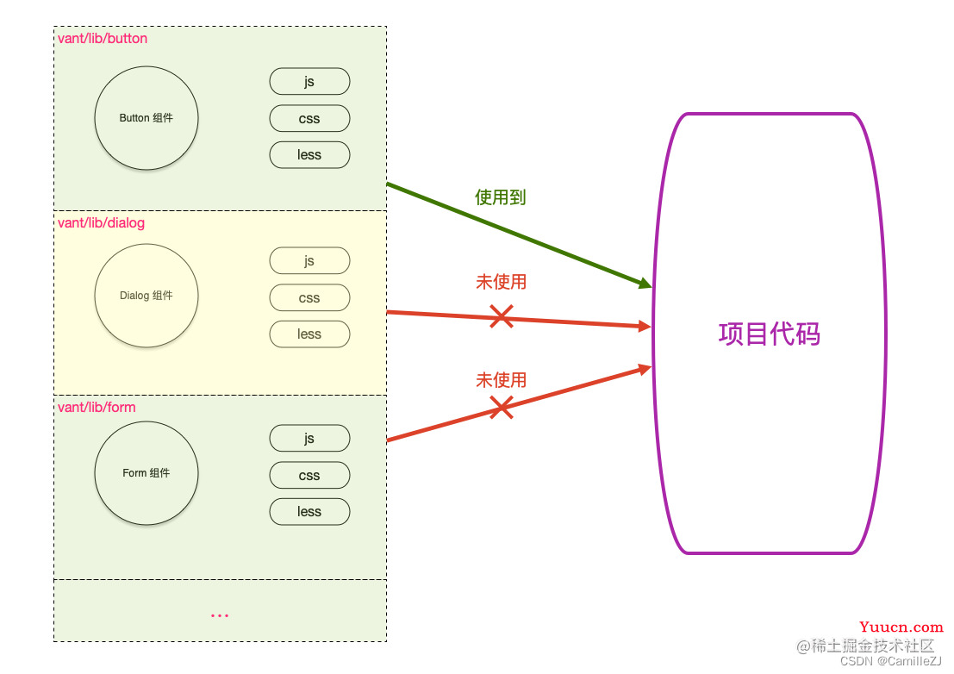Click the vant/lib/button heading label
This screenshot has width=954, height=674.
pos(103,38)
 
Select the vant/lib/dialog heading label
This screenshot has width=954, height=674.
pos(101,222)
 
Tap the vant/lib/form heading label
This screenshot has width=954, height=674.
pos(97,407)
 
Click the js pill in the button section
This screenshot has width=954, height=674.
pos(309,82)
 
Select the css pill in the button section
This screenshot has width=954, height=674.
pos(309,119)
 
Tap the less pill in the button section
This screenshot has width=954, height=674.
pos(309,154)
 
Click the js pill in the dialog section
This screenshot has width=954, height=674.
pos(309,261)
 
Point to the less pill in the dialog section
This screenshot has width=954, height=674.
pos(309,334)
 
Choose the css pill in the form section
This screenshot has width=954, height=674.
pos(309,475)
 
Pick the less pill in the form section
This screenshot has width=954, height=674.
pos(309,512)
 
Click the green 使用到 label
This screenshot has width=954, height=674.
pos(500,197)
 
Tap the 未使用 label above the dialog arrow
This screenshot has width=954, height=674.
pos(501,282)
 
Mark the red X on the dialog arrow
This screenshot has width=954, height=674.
pos(502,317)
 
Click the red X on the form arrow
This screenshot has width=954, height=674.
pos(502,407)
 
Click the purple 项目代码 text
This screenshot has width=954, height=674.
pos(769,334)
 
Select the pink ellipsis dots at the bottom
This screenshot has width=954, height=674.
pos(220,615)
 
